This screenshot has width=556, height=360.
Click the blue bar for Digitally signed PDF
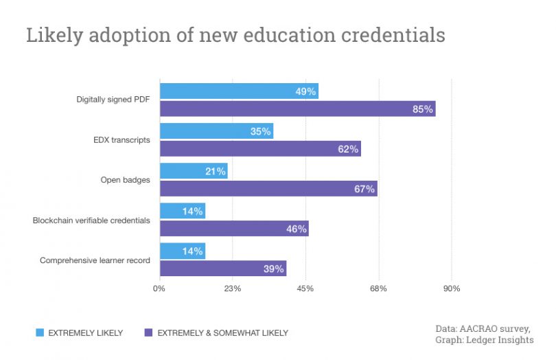pos(239,91)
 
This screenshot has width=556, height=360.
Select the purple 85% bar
pos(297,109)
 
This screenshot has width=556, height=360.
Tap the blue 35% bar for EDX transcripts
pos(216,131)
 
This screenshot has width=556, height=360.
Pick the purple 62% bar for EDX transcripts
pos(260,148)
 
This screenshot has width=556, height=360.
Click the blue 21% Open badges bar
pos(193,171)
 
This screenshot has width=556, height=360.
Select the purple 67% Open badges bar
pos(268,189)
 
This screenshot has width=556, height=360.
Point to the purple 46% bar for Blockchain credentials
pos(234,229)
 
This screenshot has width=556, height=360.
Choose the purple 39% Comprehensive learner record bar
pos(223,269)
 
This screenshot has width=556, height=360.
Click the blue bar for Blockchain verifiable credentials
pos(182,212)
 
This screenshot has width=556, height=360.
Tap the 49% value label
pos(305,91)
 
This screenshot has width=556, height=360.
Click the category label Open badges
pos(125,181)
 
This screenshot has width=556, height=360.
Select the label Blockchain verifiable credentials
pos(91,221)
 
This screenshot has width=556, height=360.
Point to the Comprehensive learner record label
pos(95,260)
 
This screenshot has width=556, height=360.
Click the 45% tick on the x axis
pos(305,289)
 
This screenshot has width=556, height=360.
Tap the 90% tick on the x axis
pos(452,289)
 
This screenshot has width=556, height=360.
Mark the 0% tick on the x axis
pos(159,289)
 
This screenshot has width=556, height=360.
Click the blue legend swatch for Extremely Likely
pos(40,333)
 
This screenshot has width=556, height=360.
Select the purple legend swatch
pos(148,333)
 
